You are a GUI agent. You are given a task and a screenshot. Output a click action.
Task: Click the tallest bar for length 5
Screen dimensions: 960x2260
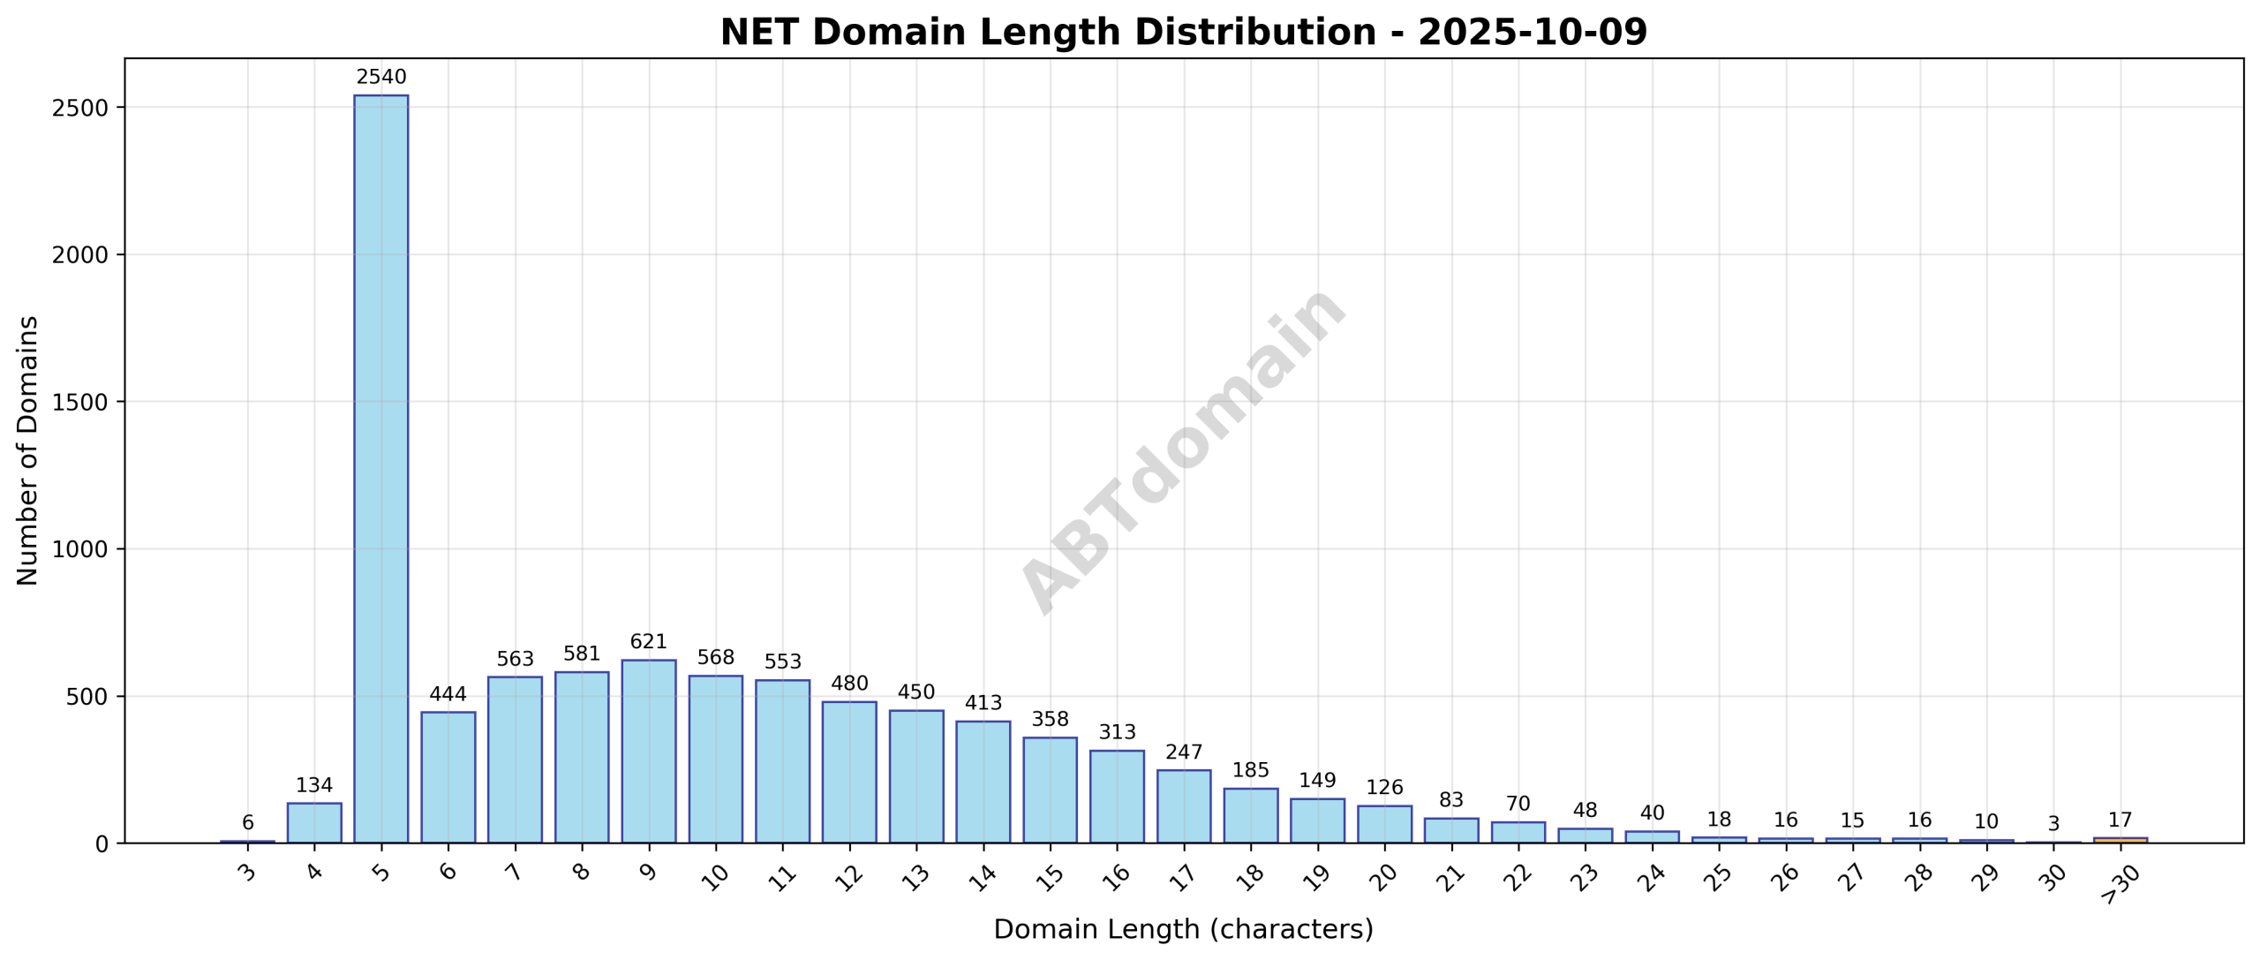(380, 468)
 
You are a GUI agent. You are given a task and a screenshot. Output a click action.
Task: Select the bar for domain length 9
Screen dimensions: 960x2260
(648, 751)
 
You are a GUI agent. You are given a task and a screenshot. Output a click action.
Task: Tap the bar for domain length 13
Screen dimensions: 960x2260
(915, 776)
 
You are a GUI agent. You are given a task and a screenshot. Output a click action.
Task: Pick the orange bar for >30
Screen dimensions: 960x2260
(2120, 840)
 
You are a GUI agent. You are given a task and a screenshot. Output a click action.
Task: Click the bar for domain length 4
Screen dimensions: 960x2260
(314, 822)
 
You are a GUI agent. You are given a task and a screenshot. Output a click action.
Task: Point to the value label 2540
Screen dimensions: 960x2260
(380, 78)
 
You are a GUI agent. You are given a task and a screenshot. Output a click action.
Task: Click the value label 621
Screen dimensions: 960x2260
(648, 642)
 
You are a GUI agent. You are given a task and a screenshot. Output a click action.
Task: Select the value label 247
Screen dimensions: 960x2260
(1183, 752)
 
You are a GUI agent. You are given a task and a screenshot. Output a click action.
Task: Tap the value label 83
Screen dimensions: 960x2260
(1450, 800)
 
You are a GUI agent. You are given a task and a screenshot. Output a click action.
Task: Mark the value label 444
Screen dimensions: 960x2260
(448, 694)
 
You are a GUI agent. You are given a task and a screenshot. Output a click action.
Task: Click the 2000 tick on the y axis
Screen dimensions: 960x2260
(81, 255)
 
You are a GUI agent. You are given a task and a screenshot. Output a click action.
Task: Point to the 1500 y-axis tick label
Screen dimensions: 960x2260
(81, 402)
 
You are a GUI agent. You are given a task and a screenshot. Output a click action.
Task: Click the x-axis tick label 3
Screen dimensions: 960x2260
(247, 873)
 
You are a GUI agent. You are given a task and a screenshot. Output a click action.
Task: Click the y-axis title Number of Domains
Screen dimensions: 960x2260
(28, 450)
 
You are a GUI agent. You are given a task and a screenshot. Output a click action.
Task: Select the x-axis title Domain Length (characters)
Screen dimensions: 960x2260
(1183, 930)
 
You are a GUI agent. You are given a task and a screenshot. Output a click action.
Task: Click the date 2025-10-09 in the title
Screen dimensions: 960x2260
(1532, 33)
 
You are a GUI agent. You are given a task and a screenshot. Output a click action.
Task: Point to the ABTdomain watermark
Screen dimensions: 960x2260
(1183, 450)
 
